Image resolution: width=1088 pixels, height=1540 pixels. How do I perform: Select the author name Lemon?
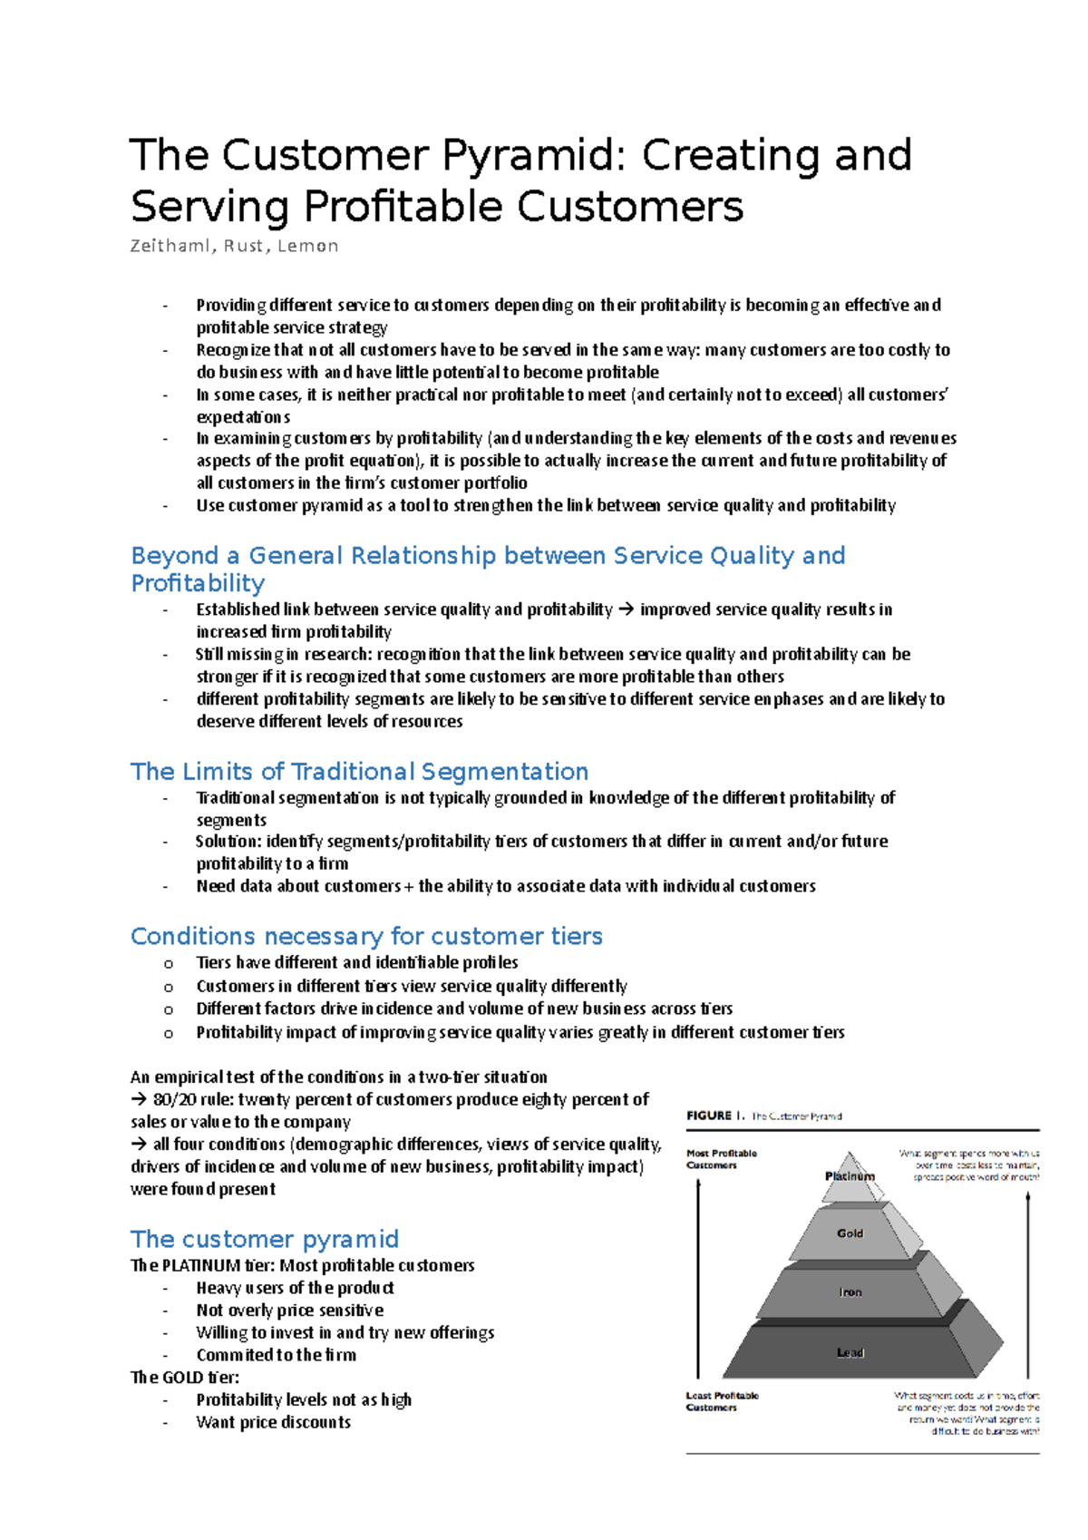[308, 246]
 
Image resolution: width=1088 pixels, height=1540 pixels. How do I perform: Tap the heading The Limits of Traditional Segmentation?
[359, 771]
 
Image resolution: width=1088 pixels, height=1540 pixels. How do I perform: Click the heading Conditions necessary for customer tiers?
[366, 936]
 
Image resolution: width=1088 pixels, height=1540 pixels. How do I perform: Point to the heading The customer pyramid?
[265, 1239]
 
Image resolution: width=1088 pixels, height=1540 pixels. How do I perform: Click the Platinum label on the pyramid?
[850, 1176]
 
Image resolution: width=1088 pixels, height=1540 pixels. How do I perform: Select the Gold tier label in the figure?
[850, 1233]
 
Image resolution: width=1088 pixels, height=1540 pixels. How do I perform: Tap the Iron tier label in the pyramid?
[850, 1292]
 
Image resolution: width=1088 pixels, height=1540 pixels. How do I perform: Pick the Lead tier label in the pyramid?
[850, 1352]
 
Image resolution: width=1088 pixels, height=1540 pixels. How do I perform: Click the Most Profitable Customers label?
[721, 1159]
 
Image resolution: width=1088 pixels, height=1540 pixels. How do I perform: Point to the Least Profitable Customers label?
[722, 1401]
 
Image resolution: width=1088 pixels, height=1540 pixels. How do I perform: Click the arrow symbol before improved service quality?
[627, 609]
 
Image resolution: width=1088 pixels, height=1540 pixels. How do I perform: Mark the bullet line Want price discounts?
[273, 1422]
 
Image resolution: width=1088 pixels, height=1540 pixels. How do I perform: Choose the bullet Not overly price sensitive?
[289, 1310]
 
